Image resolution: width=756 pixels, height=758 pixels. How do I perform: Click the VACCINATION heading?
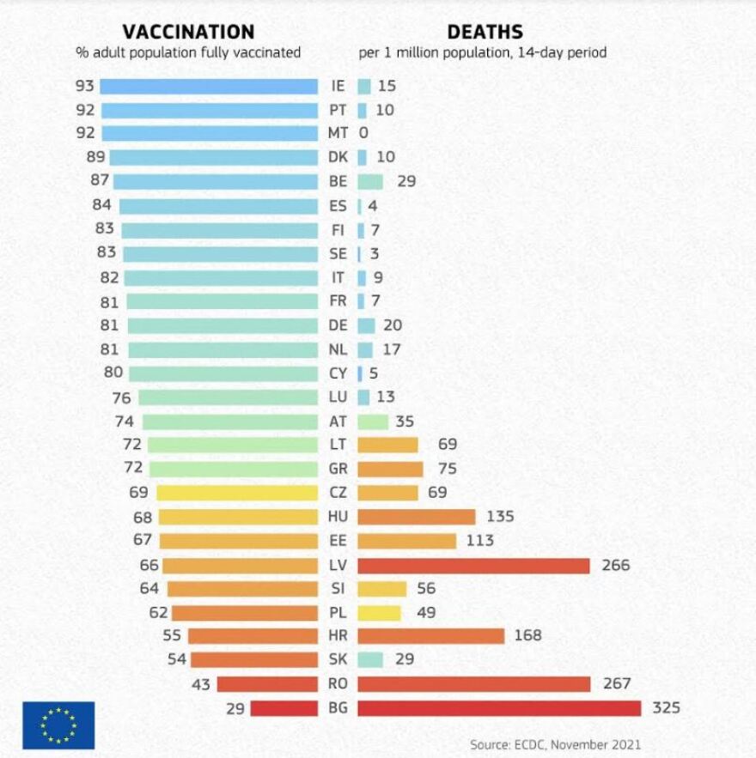[x=188, y=32]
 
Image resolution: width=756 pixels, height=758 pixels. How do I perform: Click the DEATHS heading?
[x=485, y=32]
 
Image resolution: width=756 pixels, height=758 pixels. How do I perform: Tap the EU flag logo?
[x=58, y=725]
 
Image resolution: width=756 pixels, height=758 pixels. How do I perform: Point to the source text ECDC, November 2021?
[x=555, y=743]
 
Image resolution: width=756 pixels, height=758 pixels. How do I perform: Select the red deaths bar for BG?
[x=499, y=708]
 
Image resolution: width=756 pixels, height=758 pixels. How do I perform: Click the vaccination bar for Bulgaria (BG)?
[x=283, y=708]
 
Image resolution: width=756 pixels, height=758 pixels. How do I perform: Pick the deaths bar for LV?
[x=473, y=566]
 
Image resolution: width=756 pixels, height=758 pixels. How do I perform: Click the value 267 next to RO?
[x=617, y=684]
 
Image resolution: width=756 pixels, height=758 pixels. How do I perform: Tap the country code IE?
[x=337, y=86]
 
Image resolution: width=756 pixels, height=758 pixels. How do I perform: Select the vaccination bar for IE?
[x=209, y=86]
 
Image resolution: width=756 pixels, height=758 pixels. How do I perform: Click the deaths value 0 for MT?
[x=363, y=133]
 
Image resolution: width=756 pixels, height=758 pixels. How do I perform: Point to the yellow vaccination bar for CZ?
[x=236, y=493]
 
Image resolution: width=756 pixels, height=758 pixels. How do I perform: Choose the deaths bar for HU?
[x=416, y=517]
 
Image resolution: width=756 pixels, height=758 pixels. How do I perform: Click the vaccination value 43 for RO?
[x=201, y=684]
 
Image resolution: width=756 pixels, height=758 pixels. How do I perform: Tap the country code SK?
[x=337, y=660]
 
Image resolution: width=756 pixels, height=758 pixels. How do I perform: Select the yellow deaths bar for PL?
[x=379, y=613]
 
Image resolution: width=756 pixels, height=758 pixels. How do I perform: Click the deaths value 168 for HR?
[x=528, y=636]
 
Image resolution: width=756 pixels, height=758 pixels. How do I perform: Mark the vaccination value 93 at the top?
[x=84, y=86]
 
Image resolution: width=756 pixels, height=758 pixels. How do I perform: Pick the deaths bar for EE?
[x=406, y=541]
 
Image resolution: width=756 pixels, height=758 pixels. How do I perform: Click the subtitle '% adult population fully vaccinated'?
[x=188, y=53]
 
